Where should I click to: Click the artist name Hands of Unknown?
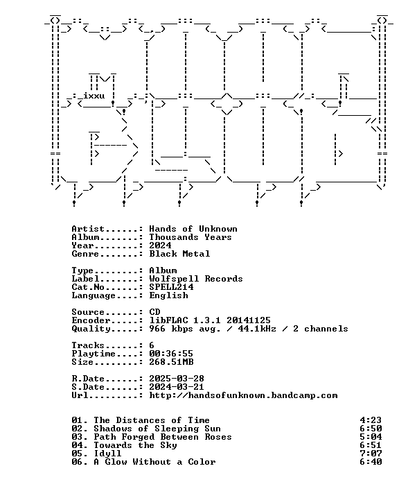[x=193, y=229]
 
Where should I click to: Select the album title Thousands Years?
[x=190, y=237]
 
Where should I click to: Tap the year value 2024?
[x=160, y=245]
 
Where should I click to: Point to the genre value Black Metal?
[x=179, y=254]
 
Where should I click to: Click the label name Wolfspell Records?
[x=196, y=279]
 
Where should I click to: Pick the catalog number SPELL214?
[x=171, y=287]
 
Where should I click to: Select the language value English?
[x=168, y=295]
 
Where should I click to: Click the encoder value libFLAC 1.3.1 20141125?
[x=209, y=320]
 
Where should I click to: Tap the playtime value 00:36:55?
[x=171, y=354]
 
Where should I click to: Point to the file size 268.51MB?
[x=171, y=362]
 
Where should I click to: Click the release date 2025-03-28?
[x=177, y=379]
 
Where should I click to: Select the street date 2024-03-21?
[x=177, y=387]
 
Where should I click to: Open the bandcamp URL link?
[x=243, y=395]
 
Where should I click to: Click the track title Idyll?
[x=107, y=454]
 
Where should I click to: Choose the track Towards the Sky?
[x=135, y=445]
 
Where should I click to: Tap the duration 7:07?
[x=371, y=454]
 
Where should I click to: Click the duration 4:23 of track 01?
[x=371, y=420]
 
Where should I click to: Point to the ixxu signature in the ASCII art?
[x=94, y=96]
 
